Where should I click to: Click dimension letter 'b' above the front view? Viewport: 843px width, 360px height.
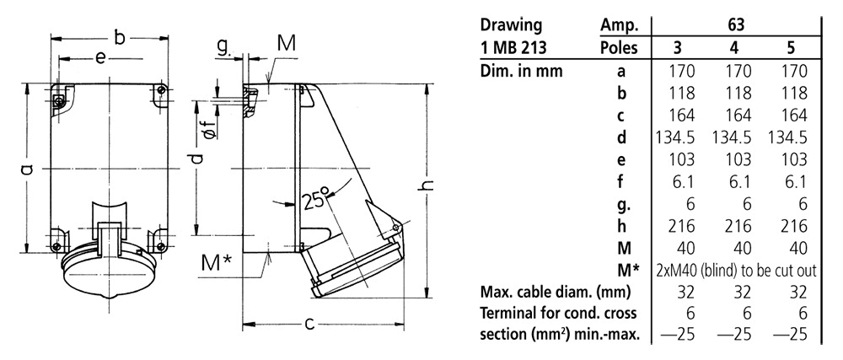click(x=120, y=37)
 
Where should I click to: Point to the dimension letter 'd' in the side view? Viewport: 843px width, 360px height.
click(x=196, y=160)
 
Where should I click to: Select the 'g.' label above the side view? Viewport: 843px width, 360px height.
click(x=223, y=49)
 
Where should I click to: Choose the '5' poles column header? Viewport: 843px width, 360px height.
click(x=790, y=48)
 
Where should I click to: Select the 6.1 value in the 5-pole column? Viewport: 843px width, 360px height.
click(x=790, y=180)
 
